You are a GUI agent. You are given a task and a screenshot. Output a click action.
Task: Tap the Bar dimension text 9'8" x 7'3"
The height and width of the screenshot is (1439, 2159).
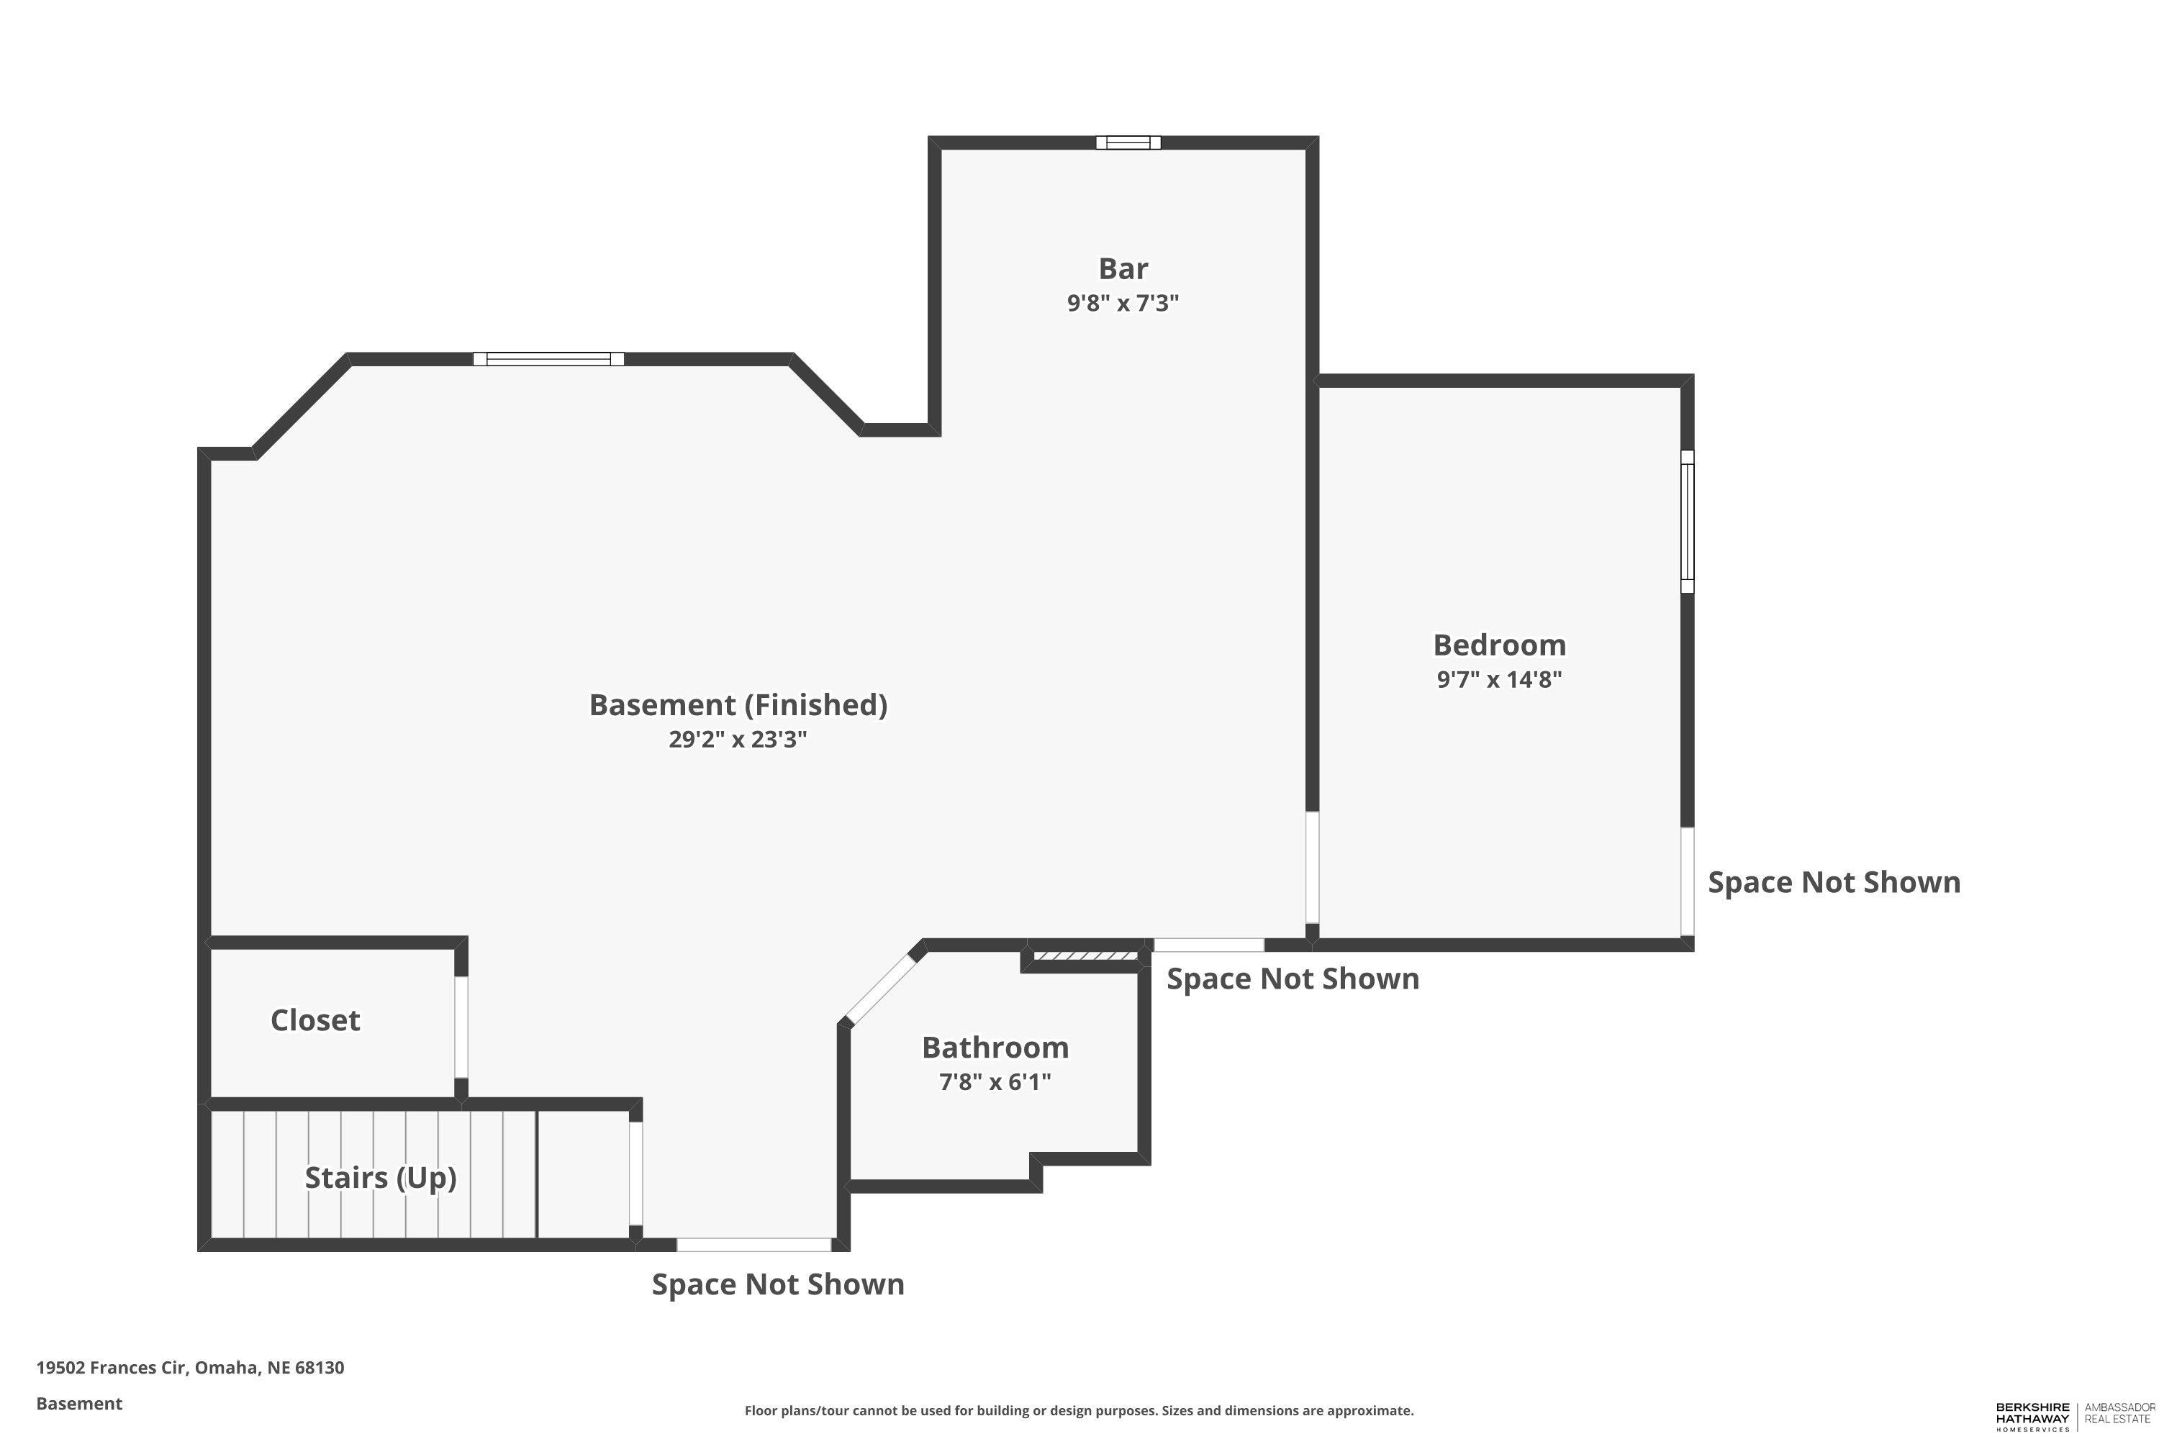click(x=1123, y=303)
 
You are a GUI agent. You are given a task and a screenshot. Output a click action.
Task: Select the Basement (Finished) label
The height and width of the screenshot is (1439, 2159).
click(x=738, y=705)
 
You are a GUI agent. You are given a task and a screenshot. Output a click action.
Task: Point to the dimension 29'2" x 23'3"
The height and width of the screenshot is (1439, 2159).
click(x=738, y=739)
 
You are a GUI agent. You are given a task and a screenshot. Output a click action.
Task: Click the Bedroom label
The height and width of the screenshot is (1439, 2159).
click(x=1499, y=645)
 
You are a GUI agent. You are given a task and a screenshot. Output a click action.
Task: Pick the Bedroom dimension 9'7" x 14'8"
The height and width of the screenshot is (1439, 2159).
click(x=1499, y=679)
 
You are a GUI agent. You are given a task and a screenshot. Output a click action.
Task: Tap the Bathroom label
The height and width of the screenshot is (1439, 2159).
click(x=995, y=1047)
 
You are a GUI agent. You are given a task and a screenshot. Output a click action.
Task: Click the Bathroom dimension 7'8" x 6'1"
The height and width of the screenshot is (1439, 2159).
click(x=995, y=1081)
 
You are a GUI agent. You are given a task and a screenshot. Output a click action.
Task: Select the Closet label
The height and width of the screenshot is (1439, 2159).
click(x=315, y=1020)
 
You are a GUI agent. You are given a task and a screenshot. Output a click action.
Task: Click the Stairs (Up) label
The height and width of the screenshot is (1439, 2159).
click(x=380, y=1177)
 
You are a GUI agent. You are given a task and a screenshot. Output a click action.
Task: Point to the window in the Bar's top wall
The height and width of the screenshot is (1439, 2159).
click(x=1128, y=142)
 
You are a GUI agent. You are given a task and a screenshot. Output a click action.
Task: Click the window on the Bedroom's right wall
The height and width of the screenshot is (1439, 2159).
click(x=1687, y=521)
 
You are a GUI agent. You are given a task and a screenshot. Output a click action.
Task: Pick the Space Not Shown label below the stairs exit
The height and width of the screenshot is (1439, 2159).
click(x=777, y=1284)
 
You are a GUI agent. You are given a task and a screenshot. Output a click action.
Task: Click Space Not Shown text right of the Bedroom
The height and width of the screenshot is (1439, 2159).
click(x=1834, y=882)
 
